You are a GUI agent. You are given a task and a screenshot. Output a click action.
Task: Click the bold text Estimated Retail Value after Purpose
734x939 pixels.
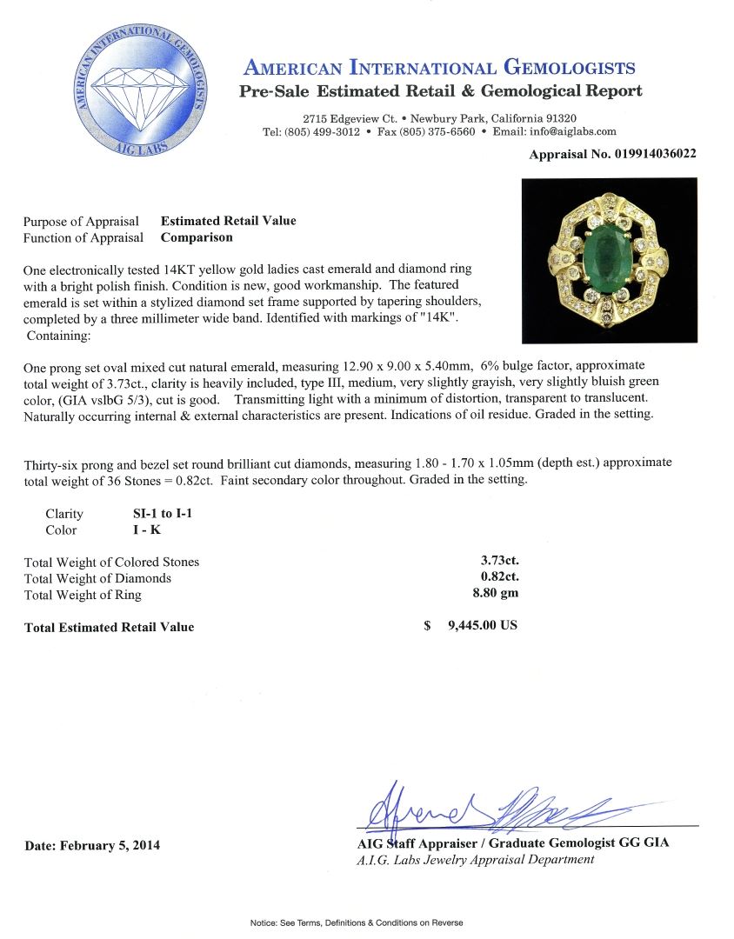pyautogui.click(x=228, y=221)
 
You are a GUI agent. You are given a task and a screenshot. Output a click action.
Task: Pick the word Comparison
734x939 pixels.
pyautogui.click(x=197, y=236)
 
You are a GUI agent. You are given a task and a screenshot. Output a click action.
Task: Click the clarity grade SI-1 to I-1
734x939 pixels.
pyautogui.click(x=157, y=514)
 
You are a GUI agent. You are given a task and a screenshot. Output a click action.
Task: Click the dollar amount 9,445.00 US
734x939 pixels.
pyautogui.click(x=482, y=625)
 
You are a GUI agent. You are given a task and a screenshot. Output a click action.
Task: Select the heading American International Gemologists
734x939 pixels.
pyautogui.click(x=439, y=68)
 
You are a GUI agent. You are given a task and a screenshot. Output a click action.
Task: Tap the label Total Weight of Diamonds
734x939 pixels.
pyautogui.click(x=98, y=579)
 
